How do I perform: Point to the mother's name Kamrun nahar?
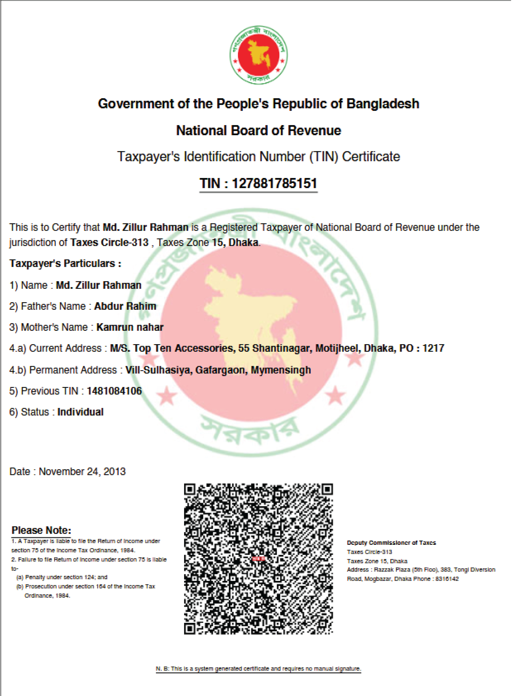point(130,327)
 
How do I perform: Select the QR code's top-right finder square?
point(327,489)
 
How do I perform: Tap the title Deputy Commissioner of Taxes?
point(391,543)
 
